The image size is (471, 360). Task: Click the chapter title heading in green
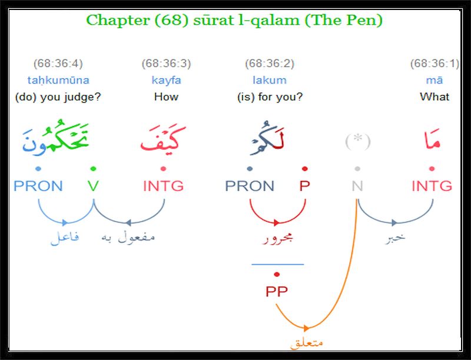coord(234,21)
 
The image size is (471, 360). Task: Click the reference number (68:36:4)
coord(58,64)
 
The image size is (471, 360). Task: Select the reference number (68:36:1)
coord(434,64)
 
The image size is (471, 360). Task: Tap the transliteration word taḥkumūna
coord(58,80)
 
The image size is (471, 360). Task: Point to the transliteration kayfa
coord(166,80)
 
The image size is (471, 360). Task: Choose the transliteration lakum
coord(270,80)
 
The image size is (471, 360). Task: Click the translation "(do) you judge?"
coord(58,97)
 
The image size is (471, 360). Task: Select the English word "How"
coord(166,97)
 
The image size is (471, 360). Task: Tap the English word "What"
coord(434,97)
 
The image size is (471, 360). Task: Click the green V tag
coord(93,186)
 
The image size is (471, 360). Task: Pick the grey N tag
coord(357,186)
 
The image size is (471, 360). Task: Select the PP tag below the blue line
coord(277,291)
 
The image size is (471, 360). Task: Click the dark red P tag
coord(304,186)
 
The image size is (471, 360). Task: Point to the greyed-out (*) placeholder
coord(357,141)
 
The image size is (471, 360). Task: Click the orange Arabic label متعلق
coord(306,342)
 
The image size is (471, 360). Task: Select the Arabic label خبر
coord(394,237)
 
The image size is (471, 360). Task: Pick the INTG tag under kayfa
coord(163,186)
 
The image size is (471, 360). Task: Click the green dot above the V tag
coord(93,169)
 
